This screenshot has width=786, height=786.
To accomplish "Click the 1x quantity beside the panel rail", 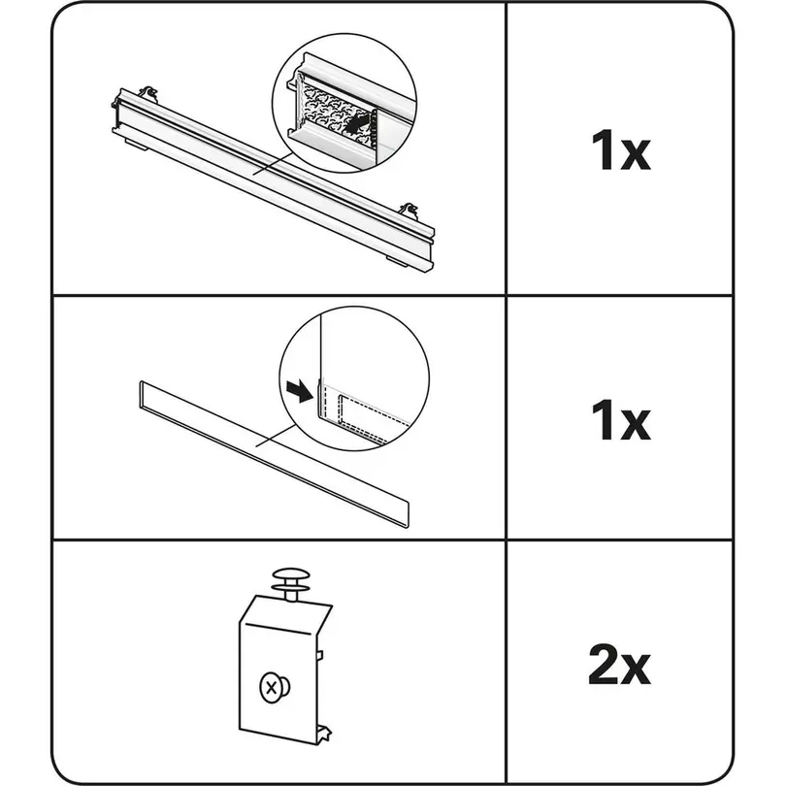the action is [621, 149].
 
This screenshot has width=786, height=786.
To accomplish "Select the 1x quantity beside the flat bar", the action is [621, 420].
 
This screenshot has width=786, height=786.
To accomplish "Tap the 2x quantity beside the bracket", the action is [619, 665].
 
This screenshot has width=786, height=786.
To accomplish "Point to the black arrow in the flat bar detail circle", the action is [300, 390].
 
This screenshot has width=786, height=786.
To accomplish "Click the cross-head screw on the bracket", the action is [274, 687].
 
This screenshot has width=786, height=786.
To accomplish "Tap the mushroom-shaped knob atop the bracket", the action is [291, 583].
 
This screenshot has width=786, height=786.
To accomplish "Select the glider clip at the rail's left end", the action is [148, 93].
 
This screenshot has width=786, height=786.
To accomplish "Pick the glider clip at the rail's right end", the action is [409, 211].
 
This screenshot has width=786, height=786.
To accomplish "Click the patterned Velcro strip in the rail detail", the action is [334, 110].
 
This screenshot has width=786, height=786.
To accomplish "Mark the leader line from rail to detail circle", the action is [273, 164].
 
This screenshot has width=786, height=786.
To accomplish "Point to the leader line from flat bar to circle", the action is [277, 435].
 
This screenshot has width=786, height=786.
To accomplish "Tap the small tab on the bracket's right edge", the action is [320, 655].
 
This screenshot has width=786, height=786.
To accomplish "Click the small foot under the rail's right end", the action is [399, 260].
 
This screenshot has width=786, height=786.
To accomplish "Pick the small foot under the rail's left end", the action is [137, 146].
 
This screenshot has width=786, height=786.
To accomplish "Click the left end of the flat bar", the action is [141, 392].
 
